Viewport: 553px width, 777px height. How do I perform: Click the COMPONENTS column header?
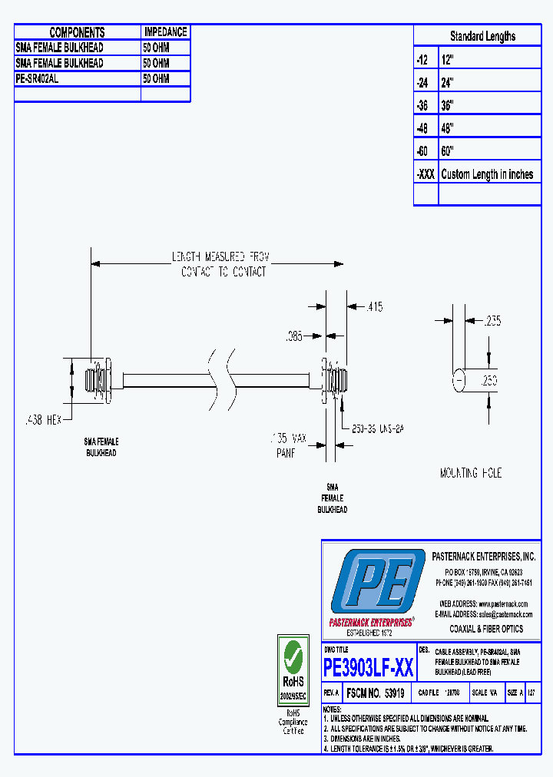pos(77,32)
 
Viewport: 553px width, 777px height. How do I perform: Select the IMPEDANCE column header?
pos(165,32)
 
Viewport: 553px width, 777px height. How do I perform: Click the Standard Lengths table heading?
pos(482,36)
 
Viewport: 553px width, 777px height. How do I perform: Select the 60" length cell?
pos(448,151)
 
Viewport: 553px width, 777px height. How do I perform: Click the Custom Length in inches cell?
pos(487,174)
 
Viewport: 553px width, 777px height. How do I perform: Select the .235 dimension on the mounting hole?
pos(491,321)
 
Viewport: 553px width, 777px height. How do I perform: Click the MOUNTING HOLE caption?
pos(471,474)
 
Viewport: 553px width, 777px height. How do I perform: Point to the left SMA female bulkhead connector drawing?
pos(98,379)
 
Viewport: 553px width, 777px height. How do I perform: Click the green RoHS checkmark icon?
pos(293,656)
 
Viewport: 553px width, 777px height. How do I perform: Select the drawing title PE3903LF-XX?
pos(369,668)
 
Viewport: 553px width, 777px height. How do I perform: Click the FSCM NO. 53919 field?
pos(375,693)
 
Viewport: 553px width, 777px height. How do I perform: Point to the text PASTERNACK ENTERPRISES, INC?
pos(483,557)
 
